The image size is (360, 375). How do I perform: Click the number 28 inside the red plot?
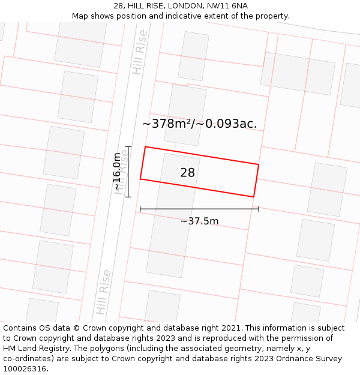point(187,173)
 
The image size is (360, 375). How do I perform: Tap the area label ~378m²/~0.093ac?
point(199,124)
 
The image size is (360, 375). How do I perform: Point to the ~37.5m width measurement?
point(199,221)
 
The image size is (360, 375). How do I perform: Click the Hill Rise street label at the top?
point(140,52)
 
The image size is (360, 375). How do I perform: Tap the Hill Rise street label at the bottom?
point(103,292)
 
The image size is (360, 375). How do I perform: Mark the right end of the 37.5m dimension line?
point(259,209)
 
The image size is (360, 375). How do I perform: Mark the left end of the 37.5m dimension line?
point(140,209)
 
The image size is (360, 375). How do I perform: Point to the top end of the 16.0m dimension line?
point(128,146)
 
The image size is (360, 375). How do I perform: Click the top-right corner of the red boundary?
point(259,164)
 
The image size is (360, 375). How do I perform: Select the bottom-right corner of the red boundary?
point(253,197)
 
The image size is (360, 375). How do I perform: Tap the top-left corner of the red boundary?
point(145,147)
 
